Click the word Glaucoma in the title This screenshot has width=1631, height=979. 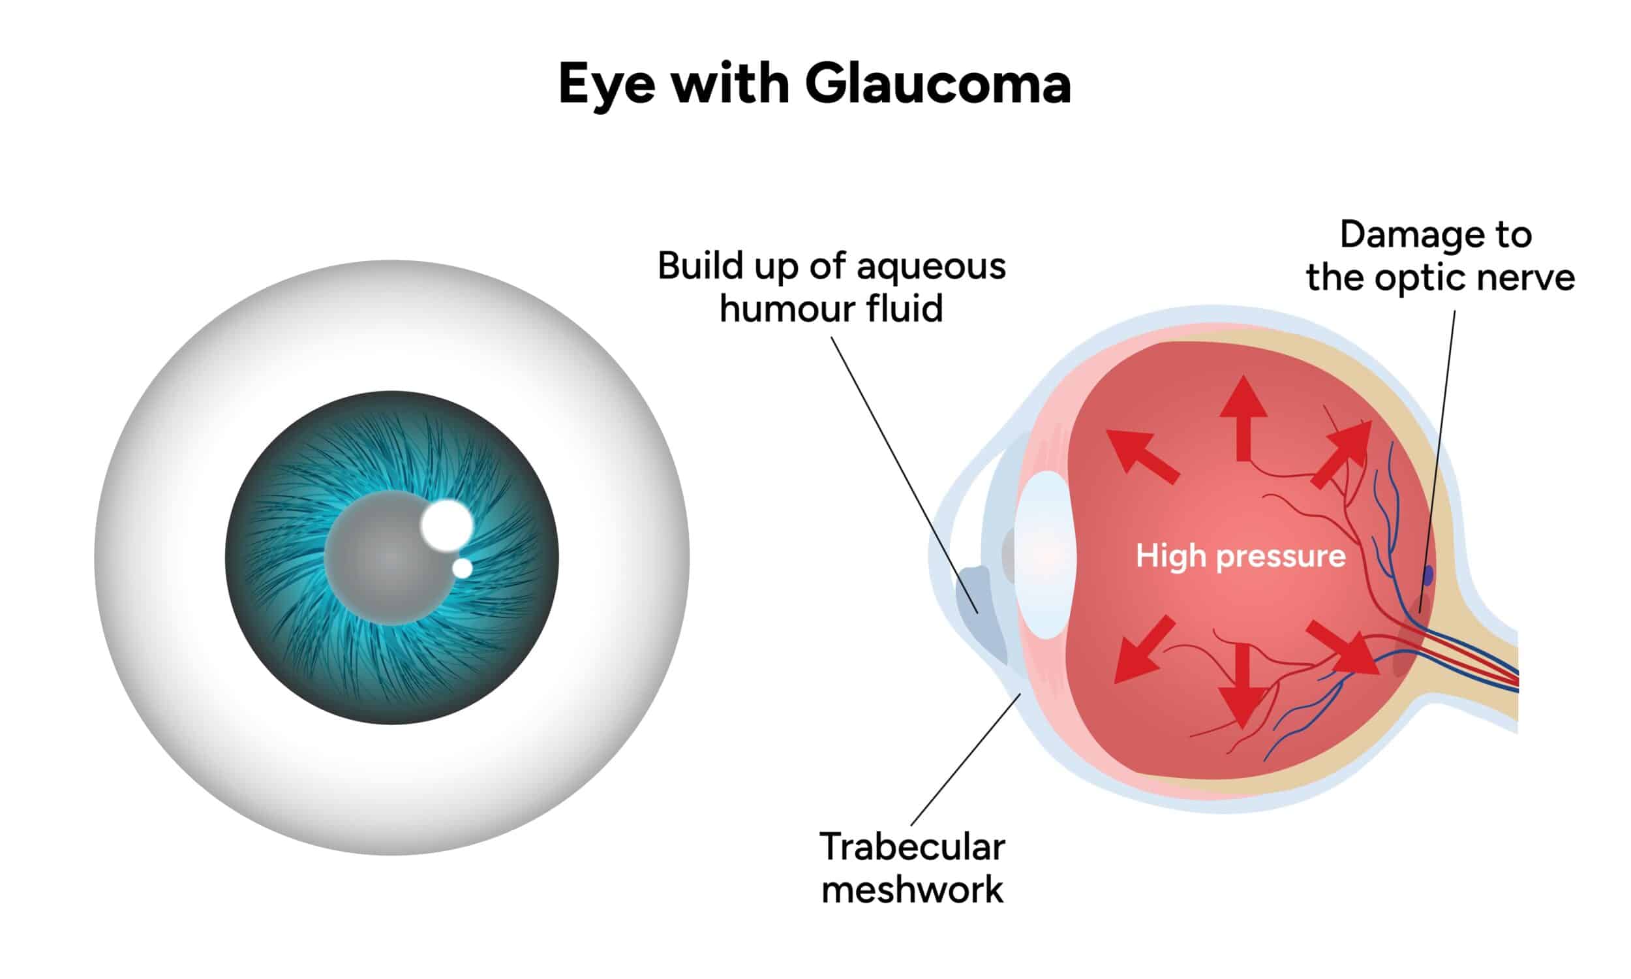(937, 84)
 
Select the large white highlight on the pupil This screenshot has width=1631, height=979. (447, 525)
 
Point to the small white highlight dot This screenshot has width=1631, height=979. (462, 568)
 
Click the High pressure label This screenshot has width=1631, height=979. (1240, 557)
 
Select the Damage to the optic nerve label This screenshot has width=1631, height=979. (1440, 256)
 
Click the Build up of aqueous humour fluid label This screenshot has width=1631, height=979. (831, 287)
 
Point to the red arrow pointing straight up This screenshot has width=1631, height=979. (1243, 418)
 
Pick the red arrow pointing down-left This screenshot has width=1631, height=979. (1144, 649)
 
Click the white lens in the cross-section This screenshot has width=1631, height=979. (1046, 555)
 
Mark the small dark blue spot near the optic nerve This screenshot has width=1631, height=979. (1428, 575)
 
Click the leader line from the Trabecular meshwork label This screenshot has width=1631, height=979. (966, 759)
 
